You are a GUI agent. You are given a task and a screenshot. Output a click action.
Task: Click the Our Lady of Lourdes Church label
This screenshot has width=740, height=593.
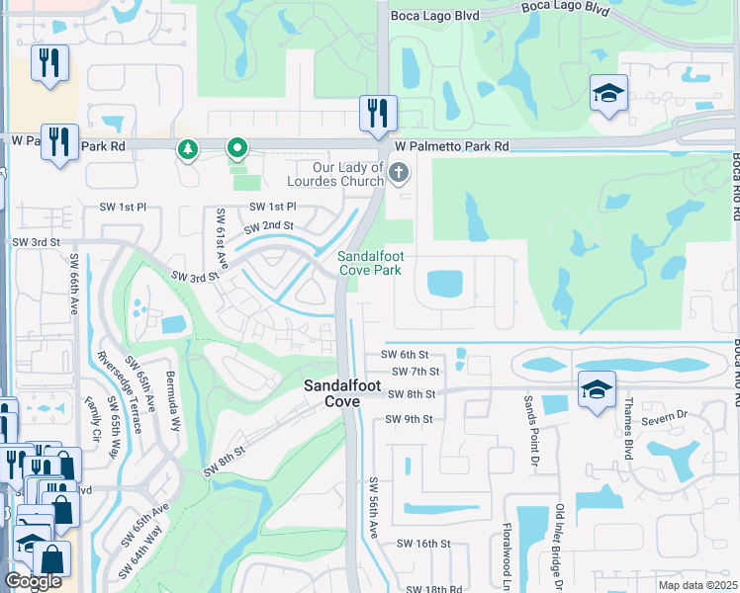click(334, 174)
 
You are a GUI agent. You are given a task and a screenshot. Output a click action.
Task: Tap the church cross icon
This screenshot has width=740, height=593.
click(398, 175)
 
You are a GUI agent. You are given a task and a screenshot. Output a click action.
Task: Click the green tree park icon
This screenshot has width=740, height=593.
click(186, 150)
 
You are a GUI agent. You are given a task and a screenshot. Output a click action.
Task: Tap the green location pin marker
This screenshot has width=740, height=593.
click(237, 149)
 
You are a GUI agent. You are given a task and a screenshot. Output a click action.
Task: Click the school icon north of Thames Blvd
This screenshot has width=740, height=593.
click(598, 390)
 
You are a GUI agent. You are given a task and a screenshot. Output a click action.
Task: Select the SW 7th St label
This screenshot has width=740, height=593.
click(415, 372)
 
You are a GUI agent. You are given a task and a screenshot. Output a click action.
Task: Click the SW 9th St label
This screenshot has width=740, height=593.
click(411, 419)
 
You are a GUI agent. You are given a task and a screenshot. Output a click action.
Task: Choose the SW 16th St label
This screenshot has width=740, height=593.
click(423, 544)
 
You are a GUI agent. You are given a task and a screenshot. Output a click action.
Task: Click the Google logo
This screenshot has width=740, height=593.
click(33, 581)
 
